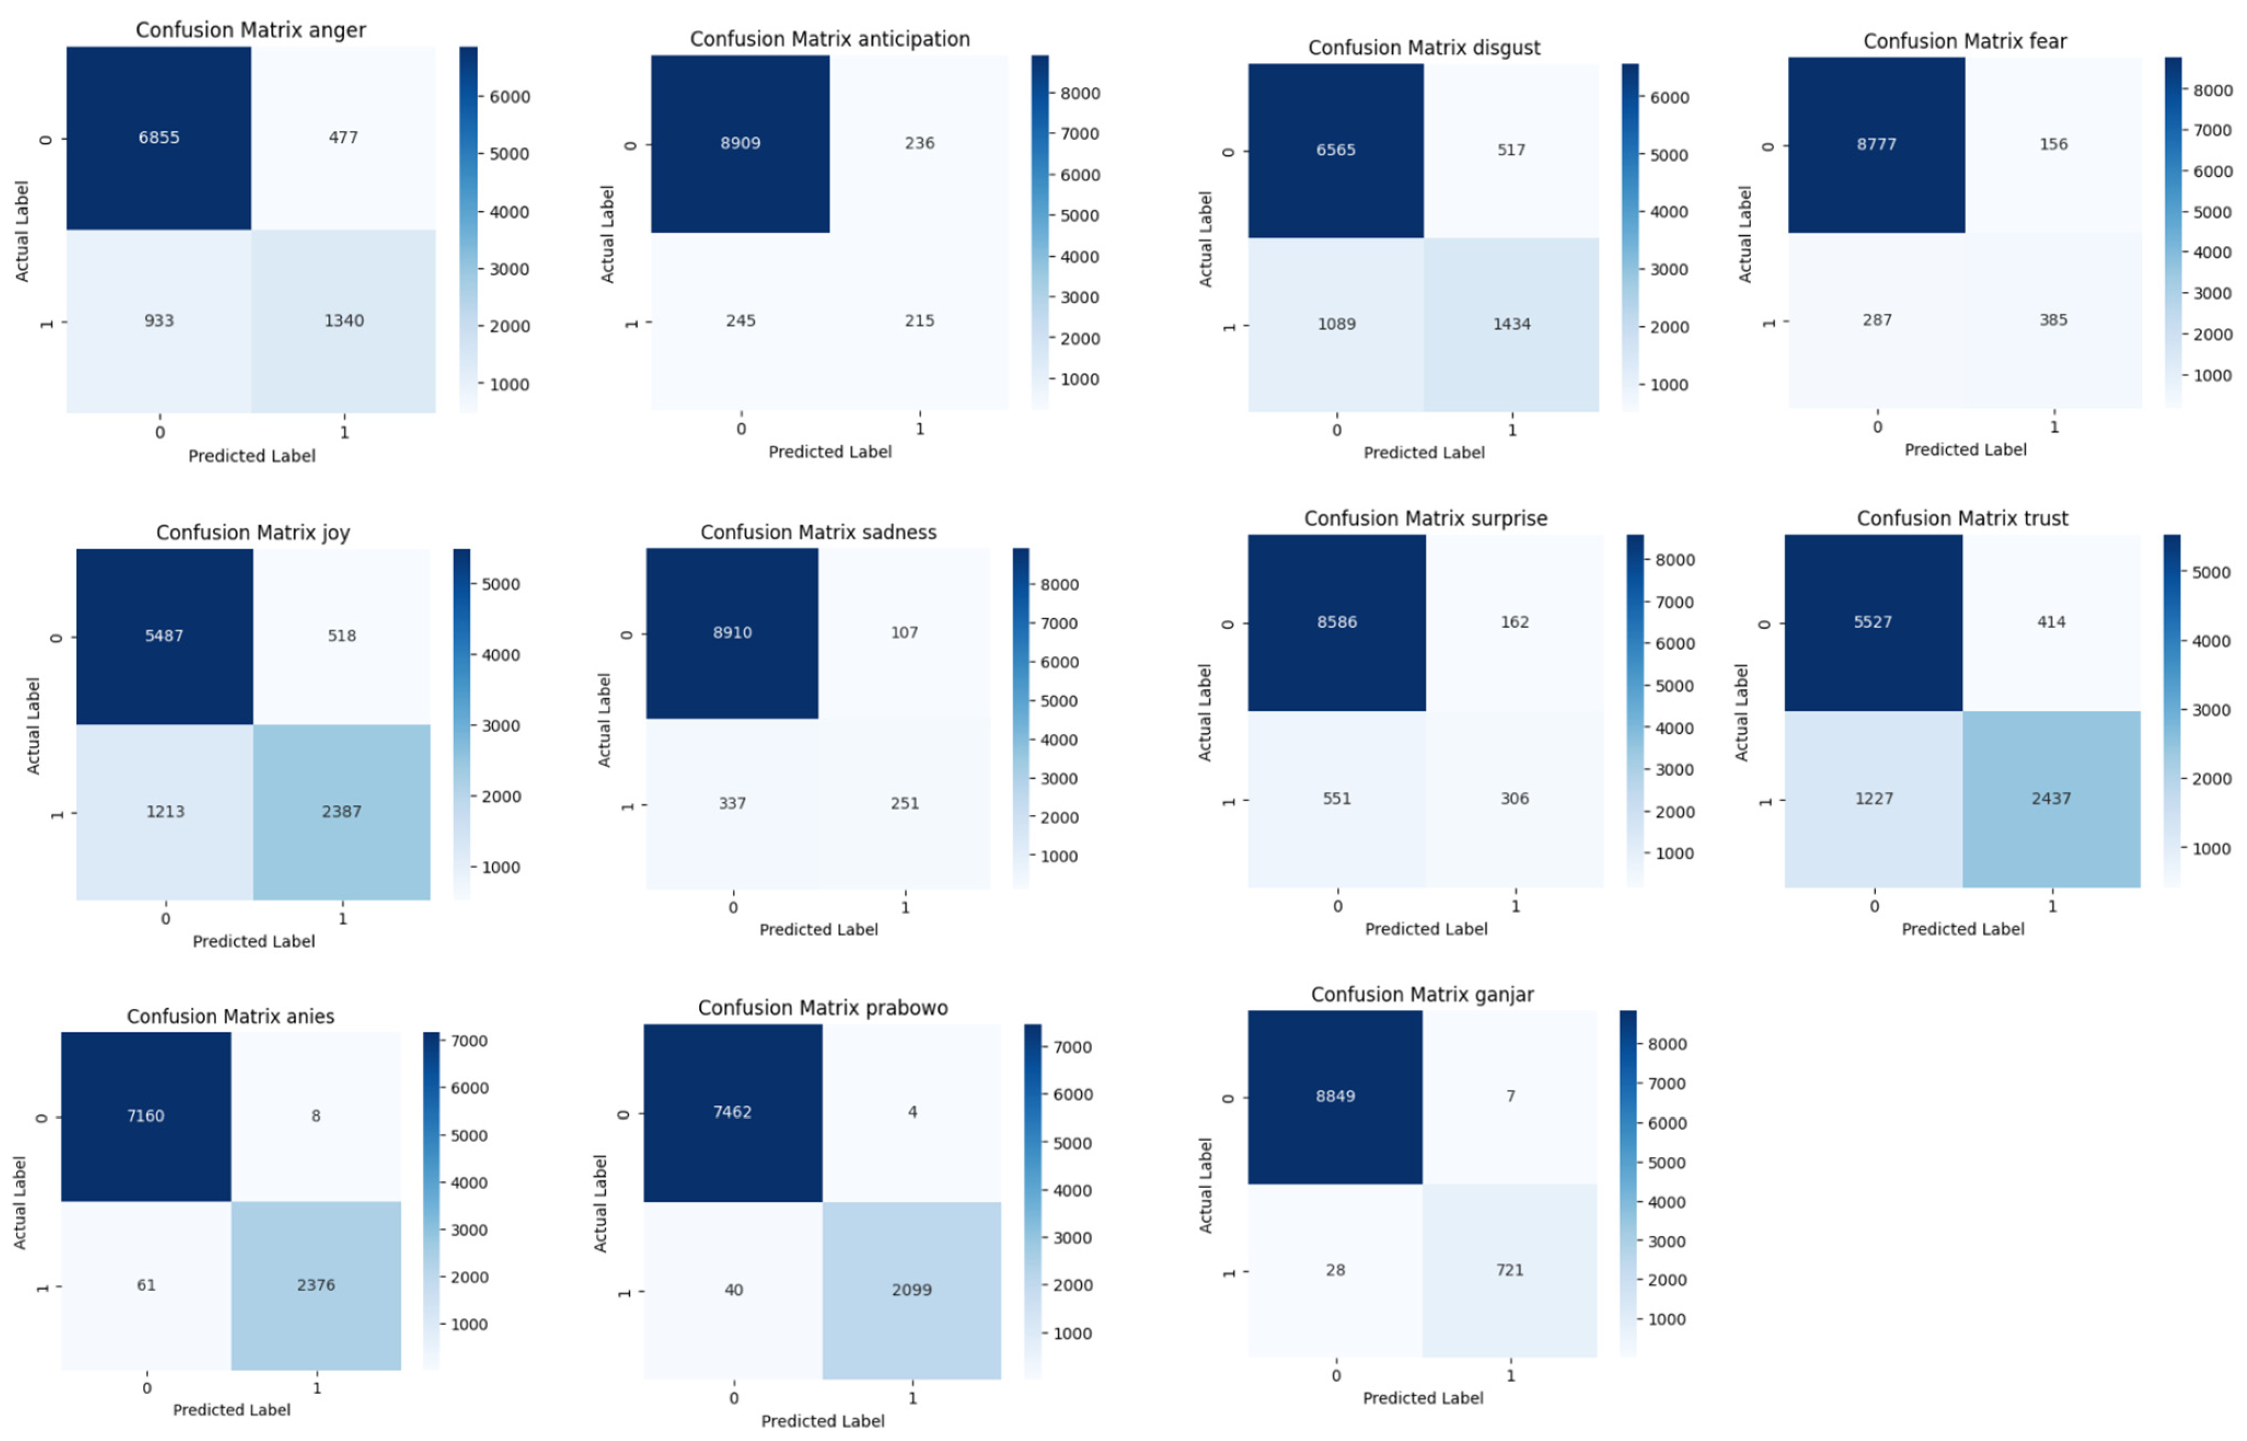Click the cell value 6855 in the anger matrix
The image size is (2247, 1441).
pyautogui.click(x=159, y=137)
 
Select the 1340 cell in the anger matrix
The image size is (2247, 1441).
pyautogui.click(x=343, y=320)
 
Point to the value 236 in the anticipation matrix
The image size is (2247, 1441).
pyautogui.click(x=919, y=143)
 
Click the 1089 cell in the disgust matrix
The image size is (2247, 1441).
pyautogui.click(x=1336, y=324)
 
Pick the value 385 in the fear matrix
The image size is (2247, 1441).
pyautogui.click(x=2053, y=320)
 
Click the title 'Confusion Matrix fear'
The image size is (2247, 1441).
pyautogui.click(x=1965, y=41)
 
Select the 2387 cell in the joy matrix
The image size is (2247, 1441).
pyautogui.click(x=341, y=811)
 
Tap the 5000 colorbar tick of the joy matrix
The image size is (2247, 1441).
pyautogui.click(x=501, y=584)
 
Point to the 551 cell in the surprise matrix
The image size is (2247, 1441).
pyautogui.click(x=1337, y=798)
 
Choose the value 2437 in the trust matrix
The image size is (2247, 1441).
pyautogui.click(x=2051, y=798)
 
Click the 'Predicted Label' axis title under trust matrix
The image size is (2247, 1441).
pyautogui.click(x=1962, y=929)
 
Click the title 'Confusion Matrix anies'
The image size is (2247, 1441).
pyautogui.click(x=230, y=1016)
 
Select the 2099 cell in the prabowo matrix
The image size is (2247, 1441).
pyautogui.click(x=911, y=1289)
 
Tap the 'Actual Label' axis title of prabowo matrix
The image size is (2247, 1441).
pyautogui.click(x=600, y=1203)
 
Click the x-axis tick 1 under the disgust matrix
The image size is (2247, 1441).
pyautogui.click(x=1511, y=430)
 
